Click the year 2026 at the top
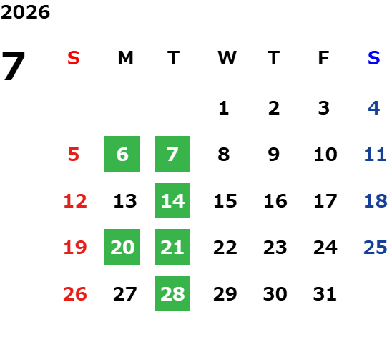(x=25, y=12)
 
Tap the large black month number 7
(x=14, y=65)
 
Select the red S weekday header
(x=74, y=58)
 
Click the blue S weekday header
(x=374, y=58)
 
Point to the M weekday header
(x=125, y=58)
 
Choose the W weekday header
(x=227, y=58)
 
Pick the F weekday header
(x=324, y=58)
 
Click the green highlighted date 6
(x=122, y=154)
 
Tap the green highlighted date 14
(x=172, y=200)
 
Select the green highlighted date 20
(x=122, y=247)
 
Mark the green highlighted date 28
(x=172, y=293)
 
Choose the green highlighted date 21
(x=172, y=247)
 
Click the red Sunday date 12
(x=75, y=201)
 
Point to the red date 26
(x=75, y=294)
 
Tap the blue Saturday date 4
(x=374, y=108)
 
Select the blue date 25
(x=376, y=248)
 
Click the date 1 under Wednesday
(x=224, y=108)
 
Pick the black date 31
(x=325, y=294)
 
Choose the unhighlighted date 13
(x=125, y=201)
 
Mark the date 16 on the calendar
(x=275, y=201)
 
